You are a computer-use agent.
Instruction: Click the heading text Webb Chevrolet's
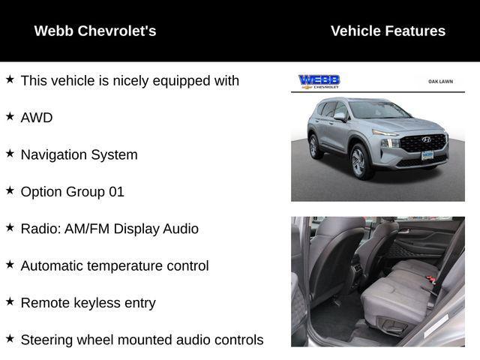95,31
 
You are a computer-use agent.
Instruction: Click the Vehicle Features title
388,31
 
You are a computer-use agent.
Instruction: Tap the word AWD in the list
37,118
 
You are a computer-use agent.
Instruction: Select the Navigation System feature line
79,154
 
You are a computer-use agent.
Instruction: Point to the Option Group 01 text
72,191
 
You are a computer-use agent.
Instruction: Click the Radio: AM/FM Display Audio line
109,229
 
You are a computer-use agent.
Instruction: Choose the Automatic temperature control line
115,265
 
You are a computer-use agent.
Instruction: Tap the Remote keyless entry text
88,303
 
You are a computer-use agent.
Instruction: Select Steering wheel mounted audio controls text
142,340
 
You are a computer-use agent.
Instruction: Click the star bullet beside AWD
10,116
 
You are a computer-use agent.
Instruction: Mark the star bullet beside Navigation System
10,153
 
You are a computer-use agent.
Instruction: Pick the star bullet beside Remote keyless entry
10,301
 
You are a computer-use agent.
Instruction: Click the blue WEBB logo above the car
319,81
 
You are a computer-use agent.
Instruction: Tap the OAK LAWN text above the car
441,81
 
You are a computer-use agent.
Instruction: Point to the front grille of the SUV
422,142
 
